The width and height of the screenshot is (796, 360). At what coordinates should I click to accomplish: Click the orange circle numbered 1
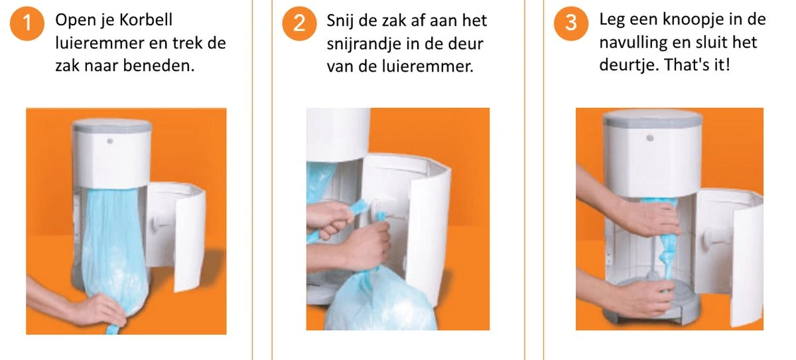click(27, 25)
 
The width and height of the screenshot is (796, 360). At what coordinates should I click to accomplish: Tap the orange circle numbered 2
click(299, 25)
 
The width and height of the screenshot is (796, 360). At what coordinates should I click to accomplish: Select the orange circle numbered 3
click(570, 25)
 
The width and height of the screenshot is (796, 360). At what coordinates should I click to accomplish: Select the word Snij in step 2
click(340, 21)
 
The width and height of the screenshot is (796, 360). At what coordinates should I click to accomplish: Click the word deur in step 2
click(468, 44)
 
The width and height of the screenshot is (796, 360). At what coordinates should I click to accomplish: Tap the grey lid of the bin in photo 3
click(653, 119)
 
